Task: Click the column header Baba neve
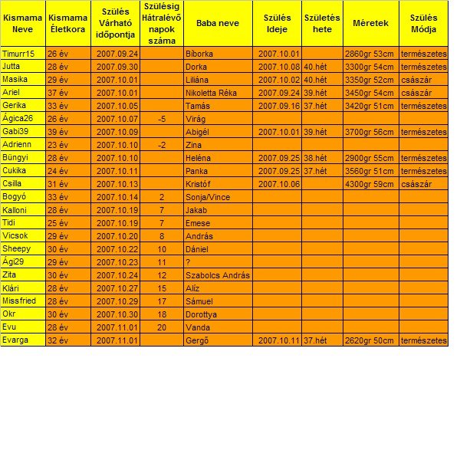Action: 218,23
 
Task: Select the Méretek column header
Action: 370,23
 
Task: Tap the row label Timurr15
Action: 19,54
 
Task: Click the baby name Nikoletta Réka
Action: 211,93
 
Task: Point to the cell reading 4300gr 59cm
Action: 370,184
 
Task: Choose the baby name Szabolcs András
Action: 218,275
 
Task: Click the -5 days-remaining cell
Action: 162,119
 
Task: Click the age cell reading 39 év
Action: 58,132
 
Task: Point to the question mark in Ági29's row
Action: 189,262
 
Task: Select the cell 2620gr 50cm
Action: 370,340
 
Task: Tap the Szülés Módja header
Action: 423,23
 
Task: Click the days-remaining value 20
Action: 162,327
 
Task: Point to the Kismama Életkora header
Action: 67,23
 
